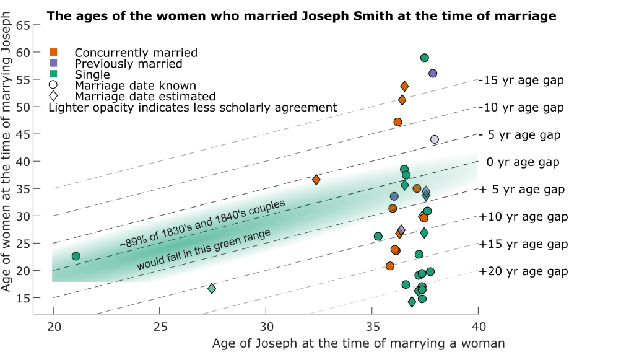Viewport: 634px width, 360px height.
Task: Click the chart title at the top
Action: click(x=302, y=15)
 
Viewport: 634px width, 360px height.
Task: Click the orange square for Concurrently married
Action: click(x=54, y=53)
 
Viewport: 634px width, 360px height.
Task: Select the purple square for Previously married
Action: click(x=54, y=63)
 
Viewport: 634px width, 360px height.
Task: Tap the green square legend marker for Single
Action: click(x=54, y=74)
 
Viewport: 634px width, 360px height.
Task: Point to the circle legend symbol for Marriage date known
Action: click(x=54, y=86)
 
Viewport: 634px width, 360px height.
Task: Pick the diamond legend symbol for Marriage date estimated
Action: click(x=54, y=97)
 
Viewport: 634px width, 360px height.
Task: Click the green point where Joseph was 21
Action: click(x=76, y=256)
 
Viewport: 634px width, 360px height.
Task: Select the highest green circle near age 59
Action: click(x=425, y=58)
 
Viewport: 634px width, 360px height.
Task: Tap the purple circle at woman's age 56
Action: click(x=433, y=73)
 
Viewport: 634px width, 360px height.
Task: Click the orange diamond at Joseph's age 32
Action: click(x=316, y=180)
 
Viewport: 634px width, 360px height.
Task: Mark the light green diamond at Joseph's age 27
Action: click(x=212, y=288)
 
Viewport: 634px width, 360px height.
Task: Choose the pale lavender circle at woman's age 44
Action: click(x=435, y=139)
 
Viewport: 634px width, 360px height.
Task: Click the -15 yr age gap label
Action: click(x=521, y=81)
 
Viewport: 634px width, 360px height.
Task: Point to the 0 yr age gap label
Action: click(x=523, y=162)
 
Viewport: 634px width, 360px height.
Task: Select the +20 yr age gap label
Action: click(x=523, y=271)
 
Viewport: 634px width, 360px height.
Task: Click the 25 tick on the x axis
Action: click(x=160, y=327)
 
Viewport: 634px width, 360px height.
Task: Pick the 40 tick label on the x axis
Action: click(x=477, y=327)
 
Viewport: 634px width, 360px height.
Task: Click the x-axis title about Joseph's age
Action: click(x=358, y=343)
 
